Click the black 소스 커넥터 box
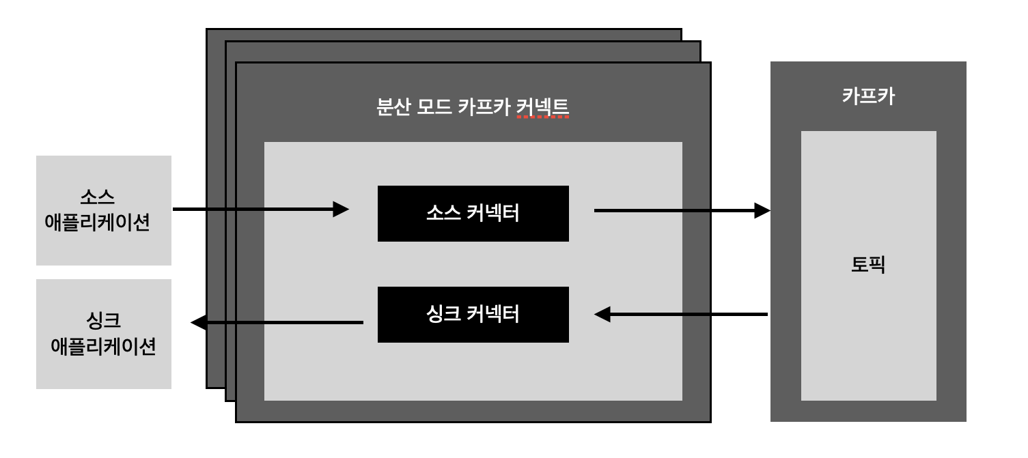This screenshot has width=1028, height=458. point(473,213)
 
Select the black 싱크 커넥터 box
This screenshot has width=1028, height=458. point(473,314)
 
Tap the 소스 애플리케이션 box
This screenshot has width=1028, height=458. point(103,210)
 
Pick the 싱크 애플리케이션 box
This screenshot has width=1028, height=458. point(103,334)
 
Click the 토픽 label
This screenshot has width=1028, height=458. point(868,264)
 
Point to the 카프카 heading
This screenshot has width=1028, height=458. point(868,96)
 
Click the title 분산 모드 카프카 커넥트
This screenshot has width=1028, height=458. point(473,108)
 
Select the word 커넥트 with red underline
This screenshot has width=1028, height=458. point(542,108)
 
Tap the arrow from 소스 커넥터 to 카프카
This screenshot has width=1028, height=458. point(676,210)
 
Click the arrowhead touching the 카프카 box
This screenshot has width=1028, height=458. point(762,210)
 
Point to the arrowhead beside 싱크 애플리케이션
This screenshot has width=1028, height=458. point(199,322)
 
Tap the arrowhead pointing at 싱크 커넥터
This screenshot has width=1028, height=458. point(602,315)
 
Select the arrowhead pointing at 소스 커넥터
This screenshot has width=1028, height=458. point(340,210)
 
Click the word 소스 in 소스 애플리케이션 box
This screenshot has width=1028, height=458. point(97,198)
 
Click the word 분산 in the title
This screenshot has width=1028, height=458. point(392,108)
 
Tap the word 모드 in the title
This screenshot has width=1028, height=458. point(433,108)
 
